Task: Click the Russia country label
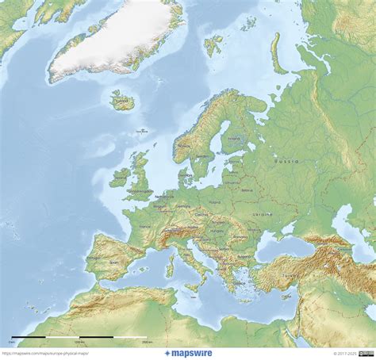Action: [x=286, y=160]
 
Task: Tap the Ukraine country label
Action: [x=262, y=214]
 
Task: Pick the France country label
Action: [x=144, y=226]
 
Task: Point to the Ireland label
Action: [x=120, y=178]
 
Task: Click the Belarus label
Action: [x=243, y=190]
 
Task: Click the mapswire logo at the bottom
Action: [x=187, y=353]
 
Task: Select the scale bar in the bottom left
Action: [x=79, y=339]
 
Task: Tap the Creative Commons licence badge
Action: [x=366, y=354]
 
